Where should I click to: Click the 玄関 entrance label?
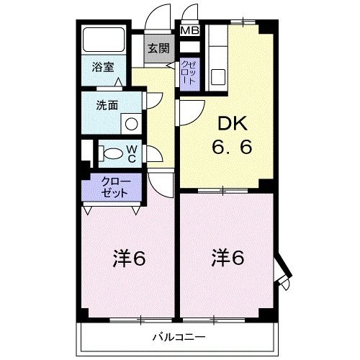159,49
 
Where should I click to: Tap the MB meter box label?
190,30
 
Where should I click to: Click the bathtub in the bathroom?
104,40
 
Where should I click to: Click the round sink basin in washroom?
130,123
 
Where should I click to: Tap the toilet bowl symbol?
112,153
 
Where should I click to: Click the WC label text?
132,153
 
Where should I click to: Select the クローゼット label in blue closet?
114,187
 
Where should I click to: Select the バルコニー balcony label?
179,337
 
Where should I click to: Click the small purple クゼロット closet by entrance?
189,73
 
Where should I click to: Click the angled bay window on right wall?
283,272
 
